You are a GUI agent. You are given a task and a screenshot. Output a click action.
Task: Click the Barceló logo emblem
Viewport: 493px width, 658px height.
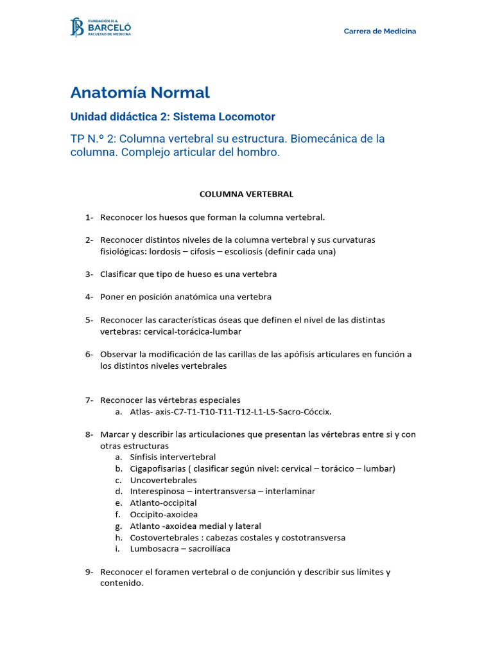point(76,28)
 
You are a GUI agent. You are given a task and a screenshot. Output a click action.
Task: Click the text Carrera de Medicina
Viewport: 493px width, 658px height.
point(379,31)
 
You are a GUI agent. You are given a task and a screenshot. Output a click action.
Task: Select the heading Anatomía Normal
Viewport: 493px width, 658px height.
point(140,93)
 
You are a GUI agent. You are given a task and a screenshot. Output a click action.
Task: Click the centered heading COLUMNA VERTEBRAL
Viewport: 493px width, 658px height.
point(246,193)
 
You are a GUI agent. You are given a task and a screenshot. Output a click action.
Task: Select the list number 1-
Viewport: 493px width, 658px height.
point(89,217)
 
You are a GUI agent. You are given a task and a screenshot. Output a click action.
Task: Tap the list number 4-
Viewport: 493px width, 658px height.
point(89,297)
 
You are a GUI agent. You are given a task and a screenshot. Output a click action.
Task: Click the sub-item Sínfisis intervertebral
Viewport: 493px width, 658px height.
point(173,457)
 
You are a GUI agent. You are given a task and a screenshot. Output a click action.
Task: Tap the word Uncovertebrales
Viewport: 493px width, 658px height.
point(163,480)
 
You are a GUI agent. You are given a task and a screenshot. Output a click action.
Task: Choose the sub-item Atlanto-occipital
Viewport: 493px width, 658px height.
point(163,502)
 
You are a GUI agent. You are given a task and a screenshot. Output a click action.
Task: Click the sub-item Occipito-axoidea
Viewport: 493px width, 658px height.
point(164,514)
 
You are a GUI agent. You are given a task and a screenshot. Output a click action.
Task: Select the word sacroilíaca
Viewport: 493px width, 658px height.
point(209,549)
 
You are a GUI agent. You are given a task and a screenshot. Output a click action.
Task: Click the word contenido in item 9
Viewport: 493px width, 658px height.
point(121,583)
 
